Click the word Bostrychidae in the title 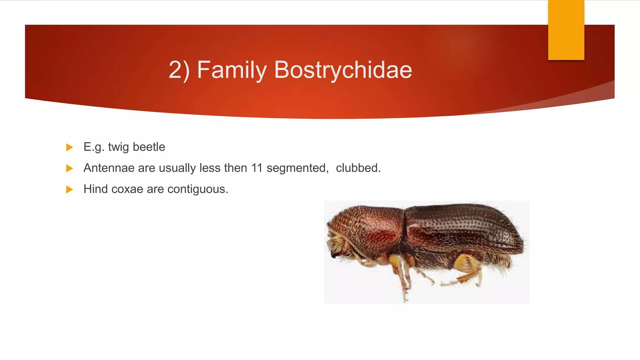(x=343, y=70)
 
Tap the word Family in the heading (x=232, y=70)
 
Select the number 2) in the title (x=179, y=70)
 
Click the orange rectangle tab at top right (x=566, y=30)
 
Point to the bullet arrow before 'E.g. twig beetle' (x=70, y=147)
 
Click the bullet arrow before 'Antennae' (x=70, y=168)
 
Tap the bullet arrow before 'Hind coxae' (x=70, y=189)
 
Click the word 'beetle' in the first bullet (x=149, y=147)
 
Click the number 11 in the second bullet (x=257, y=168)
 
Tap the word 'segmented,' (x=297, y=168)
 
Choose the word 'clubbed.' (x=358, y=168)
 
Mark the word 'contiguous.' (x=197, y=189)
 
